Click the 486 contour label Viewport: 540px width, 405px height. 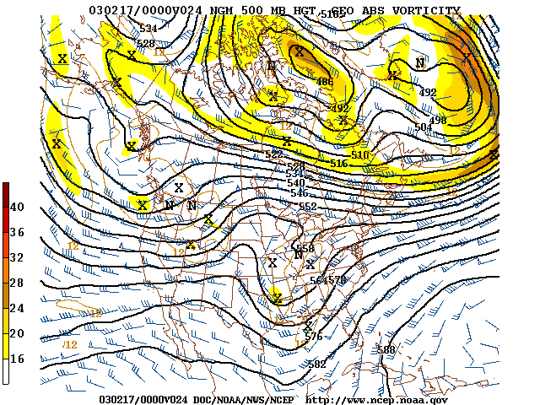(x=323, y=82)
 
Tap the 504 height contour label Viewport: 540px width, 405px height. (x=423, y=127)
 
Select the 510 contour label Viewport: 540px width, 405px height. (x=360, y=155)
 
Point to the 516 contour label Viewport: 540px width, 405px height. (x=338, y=164)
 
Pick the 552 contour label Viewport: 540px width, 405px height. (x=308, y=207)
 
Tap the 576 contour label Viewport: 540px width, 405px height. (x=314, y=337)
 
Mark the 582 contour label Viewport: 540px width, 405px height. (x=317, y=364)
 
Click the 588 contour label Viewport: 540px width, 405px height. (x=386, y=349)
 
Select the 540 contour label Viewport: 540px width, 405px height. (x=295, y=183)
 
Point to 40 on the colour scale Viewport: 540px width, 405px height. (x=17, y=207)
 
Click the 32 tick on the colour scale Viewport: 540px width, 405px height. (x=17, y=257)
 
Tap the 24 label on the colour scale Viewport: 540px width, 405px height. (x=17, y=308)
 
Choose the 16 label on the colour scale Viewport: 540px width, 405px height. (x=17, y=359)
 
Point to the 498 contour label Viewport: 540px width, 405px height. (x=437, y=120)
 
